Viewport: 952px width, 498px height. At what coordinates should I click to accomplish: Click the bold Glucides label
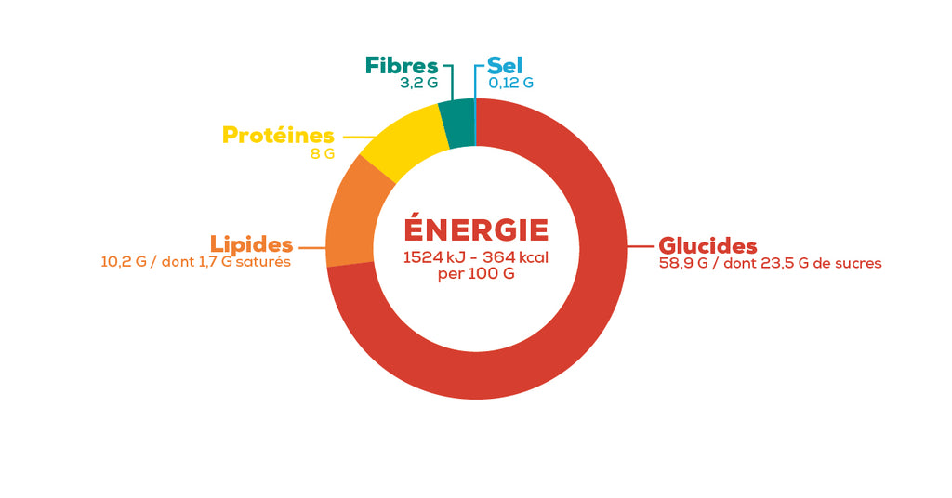tap(707, 245)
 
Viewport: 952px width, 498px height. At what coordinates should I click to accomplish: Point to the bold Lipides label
tap(251, 244)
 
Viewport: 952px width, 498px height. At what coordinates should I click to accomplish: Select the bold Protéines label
tap(278, 135)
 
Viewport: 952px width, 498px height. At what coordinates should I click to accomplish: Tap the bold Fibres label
tap(402, 66)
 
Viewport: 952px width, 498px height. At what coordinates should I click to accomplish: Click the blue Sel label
tap(505, 66)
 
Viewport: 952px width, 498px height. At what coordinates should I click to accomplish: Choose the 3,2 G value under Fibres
tap(418, 83)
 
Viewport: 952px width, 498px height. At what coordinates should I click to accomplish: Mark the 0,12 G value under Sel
tap(511, 83)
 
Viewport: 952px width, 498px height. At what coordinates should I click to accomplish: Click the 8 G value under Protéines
tap(323, 154)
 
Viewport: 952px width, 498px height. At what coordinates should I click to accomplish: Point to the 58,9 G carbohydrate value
tap(683, 263)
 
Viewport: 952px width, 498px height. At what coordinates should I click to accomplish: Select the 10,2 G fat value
tap(124, 262)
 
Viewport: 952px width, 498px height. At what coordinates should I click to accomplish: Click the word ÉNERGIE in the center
tap(476, 229)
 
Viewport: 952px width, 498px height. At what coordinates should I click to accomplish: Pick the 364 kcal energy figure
tap(515, 257)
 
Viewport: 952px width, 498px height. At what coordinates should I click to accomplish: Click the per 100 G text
tap(476, 274)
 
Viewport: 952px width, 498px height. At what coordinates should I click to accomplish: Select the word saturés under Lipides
tap(263, 262)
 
